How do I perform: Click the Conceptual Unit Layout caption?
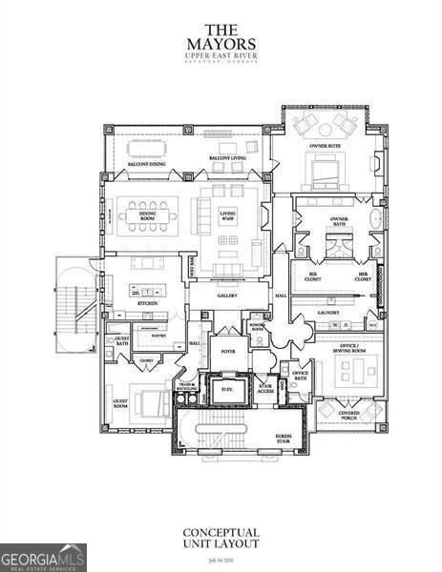click(x=221, y=539)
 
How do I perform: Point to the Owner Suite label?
click(x=327, y=146)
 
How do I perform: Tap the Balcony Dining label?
click(x=146, y=165)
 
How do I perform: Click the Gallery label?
click(x=226, y=296)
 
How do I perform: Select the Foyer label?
click(x=228, y=350)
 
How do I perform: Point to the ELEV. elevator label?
click(x=228, y=389)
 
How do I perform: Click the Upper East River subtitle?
click(x=221, y=57)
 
